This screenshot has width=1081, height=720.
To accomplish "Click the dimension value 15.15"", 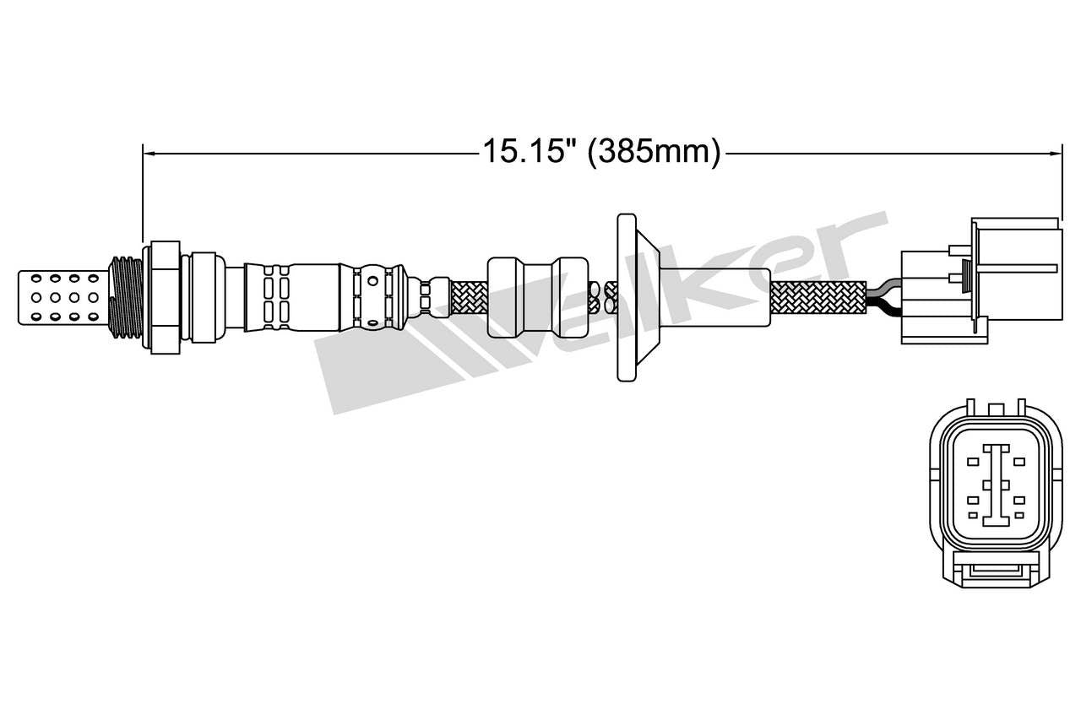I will [530, 152].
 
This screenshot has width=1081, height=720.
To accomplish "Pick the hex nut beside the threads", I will [164, 296].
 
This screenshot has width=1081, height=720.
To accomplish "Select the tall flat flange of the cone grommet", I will [626, 297].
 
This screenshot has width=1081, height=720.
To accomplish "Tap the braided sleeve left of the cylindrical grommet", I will [464, 297].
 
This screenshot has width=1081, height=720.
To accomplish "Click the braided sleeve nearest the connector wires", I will [818, 297].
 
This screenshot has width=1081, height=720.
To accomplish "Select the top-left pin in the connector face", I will [973, 462].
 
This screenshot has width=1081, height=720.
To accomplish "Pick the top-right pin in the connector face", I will [1019, 462].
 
